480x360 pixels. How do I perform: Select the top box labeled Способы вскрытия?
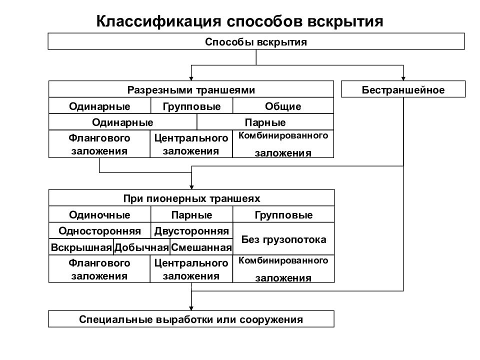[x=256, y=41]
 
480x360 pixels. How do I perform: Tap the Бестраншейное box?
[x=403, y=90]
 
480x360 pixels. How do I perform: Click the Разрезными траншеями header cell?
[x=191, y=90]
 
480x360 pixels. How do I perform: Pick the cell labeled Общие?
[x=283, y=106]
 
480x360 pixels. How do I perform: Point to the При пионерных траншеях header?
[x=191, y=198]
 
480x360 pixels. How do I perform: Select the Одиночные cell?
[x=99, y=215]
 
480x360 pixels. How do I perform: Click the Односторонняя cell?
[x=99, y=231]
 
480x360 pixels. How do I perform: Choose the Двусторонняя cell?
[x=191, y=231]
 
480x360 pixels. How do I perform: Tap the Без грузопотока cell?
[x=283, y=239]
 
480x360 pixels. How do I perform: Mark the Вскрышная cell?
[x=81, y=247]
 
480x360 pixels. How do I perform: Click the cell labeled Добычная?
[x=142, y=247]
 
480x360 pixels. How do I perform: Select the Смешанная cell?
[x=201, y=247]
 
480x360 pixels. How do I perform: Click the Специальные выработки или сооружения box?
[x=191, y=319]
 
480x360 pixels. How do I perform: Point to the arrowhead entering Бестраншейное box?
[x=403, y=78]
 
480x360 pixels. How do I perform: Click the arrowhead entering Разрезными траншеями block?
[x=191, y=78]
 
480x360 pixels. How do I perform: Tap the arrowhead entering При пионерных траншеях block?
[x=191, y=186]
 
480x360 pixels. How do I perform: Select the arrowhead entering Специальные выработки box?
[x=191, y=307]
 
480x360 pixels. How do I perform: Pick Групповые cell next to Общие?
[x=191, y=106]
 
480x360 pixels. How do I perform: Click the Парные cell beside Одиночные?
[x=191, y=215]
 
